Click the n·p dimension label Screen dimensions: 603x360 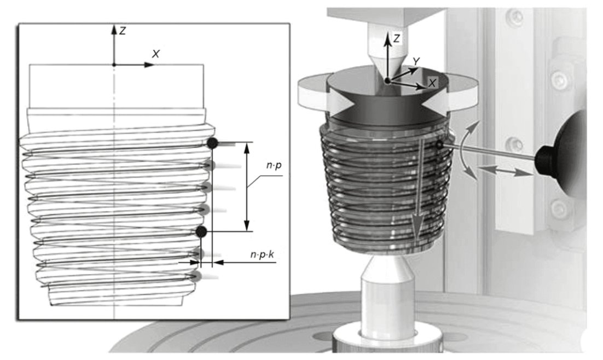[274, 166]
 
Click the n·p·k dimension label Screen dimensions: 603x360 [262, 254]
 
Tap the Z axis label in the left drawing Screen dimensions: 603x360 [122, 31]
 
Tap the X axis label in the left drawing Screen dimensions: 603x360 [155, 54]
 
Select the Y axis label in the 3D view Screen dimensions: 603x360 [416, 61]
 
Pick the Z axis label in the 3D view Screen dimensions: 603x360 [397, 38]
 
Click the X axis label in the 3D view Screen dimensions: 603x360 [432, 82]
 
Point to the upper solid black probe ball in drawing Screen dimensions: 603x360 [212, 143]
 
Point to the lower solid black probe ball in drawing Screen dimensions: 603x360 [201, 232]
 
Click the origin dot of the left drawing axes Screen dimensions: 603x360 [114, 65]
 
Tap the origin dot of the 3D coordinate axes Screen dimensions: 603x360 [387, 80]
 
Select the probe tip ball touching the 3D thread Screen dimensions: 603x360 [439, 144]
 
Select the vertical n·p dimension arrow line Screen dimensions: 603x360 [247, 187]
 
